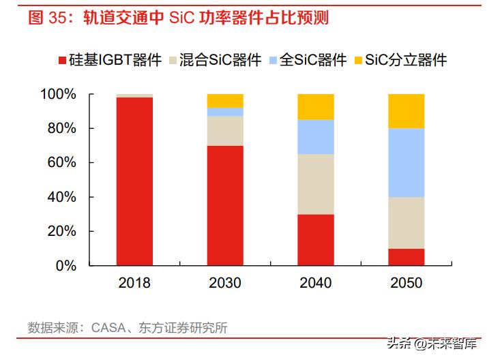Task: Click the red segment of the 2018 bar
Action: coord(134,181)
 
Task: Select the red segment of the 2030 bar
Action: coord(225,205)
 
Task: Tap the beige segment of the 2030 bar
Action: coord(225,130)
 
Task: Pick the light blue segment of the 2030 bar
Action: coord(225,112)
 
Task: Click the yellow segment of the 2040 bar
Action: coord(316,107)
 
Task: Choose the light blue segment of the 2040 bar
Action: coord(316,136)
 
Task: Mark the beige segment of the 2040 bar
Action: coord(316,184)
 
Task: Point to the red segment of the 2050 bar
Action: coord(406,257)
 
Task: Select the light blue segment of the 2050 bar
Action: coord(406,162)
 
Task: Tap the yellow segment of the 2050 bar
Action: coord(406,111)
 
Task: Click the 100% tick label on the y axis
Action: coord(57,94)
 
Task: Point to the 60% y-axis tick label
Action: coord(61,163)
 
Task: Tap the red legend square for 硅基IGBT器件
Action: coord(61,61)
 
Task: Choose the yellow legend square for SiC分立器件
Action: coord(359,61)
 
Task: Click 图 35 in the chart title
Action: coord(45,18)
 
